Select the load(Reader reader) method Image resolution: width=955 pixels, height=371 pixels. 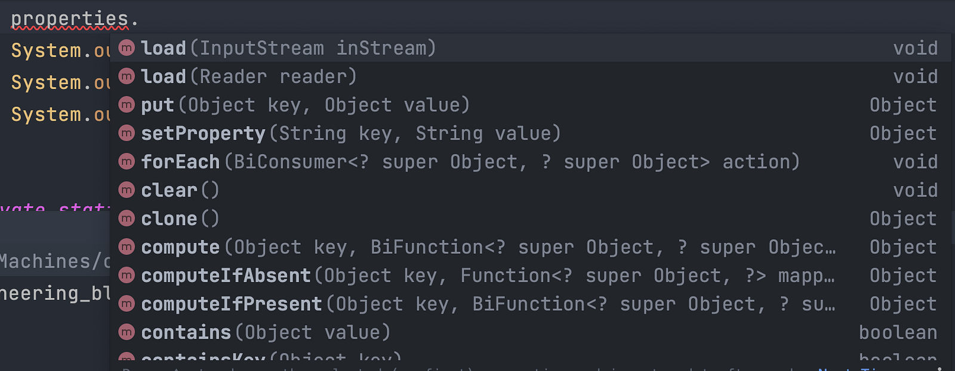(248, 76)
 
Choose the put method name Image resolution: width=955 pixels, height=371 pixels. (157, 105)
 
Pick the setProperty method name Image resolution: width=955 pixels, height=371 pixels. (203, 133)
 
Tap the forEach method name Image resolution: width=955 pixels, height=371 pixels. (180, 162)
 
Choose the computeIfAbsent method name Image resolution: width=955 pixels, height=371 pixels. (226, 275)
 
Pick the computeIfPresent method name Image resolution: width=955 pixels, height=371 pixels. (232, 304)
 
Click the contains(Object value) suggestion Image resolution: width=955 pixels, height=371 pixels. (266, 332)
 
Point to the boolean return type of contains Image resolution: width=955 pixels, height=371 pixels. (898, 332)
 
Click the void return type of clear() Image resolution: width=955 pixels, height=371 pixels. (915, 191)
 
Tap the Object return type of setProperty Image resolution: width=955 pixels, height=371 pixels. (903, 133)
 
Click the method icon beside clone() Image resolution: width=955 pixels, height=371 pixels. (127, 219)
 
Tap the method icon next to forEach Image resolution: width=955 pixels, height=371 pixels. (127, 161)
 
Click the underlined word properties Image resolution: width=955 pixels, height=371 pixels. (69, 19)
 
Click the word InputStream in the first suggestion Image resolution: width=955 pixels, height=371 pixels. (261, 48)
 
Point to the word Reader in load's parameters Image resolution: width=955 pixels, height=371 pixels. (233, 76)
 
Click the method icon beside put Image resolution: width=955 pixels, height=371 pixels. (127, 105)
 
